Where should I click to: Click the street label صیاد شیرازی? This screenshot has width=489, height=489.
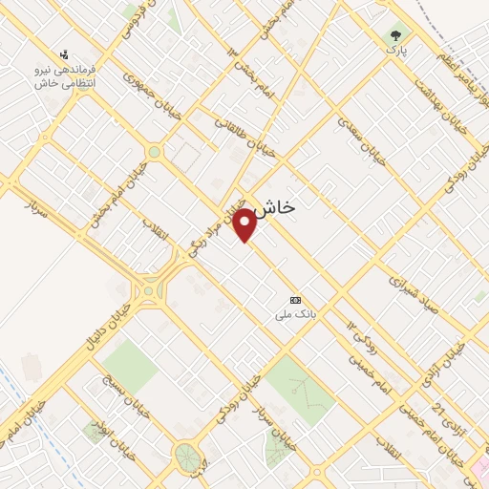pyautogui.click(x=420, y=290)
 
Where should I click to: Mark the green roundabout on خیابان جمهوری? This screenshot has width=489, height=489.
pyautogui.click(x=154, y=152)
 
